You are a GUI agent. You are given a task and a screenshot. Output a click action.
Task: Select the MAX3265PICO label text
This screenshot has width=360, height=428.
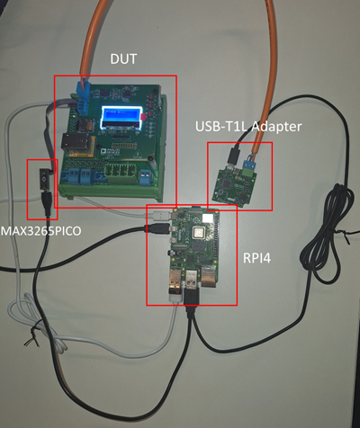[x=40, y=231]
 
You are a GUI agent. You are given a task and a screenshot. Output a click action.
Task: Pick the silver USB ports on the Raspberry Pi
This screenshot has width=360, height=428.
[x=180, y=288]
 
